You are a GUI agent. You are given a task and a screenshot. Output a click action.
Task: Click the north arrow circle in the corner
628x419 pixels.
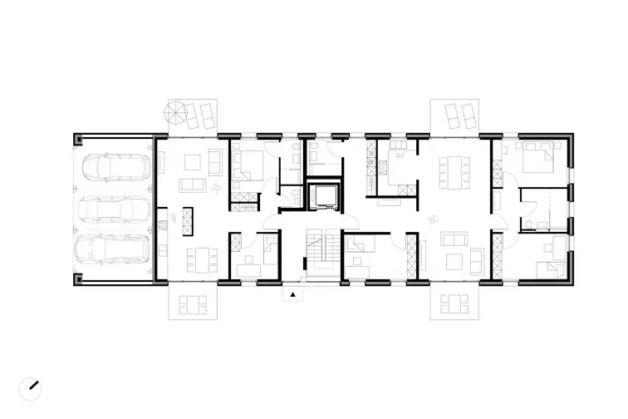click(x=31, y=387)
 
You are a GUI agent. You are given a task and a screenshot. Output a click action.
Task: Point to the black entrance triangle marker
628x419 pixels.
click(x=292, y=294)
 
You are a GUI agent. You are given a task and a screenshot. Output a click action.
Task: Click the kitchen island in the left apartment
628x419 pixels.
click(x=187, y=219)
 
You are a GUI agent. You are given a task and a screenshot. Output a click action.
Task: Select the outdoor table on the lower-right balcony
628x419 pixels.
click(x=454, y=304)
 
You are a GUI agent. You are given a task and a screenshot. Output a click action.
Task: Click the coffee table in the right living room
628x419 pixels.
click(x=454, y=262)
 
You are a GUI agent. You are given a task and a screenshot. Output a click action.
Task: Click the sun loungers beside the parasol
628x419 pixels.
click(x=201, y=114)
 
